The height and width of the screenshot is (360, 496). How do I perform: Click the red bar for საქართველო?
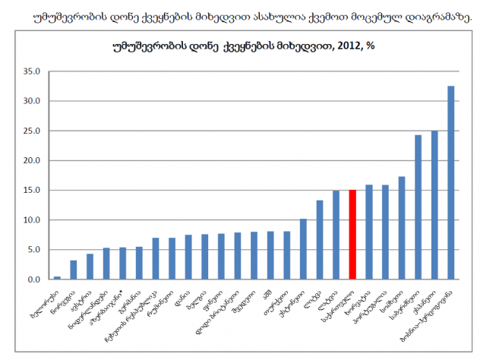pyautogui.click(x=352, y=235)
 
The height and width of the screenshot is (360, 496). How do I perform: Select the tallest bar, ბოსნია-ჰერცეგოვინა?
pyautogui.click(x=451, y=183)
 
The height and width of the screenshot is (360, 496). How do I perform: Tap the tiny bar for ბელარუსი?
pyautogui.click(x=57, y=278)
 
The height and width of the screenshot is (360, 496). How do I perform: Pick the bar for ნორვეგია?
pyautogui.click(x=74, y=270)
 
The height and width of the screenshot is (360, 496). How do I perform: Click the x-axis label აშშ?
pyautogui.click(x=267, y=293)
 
